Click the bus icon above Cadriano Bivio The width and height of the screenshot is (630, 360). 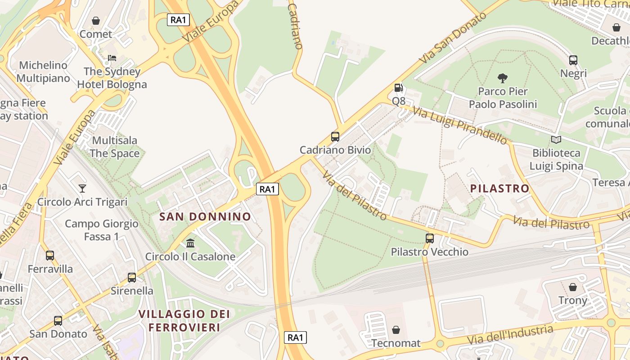coord(335,136)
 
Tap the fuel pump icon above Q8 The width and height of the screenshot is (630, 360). coord(398,87)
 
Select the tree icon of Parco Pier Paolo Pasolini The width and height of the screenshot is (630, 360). coord(503,78)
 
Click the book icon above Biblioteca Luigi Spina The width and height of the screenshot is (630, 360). coord(556,139)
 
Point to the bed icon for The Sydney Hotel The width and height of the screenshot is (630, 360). coord(112,58)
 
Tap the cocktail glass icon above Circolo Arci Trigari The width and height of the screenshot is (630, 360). coord(82,188)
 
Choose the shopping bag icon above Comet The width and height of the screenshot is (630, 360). coord(95,21)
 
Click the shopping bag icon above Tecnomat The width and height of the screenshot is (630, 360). coord(396,330)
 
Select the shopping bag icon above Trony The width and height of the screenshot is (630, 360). coord(573,287)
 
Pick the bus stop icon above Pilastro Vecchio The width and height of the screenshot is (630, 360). coord(430,238)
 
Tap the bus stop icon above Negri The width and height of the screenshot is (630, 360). coord(573,60)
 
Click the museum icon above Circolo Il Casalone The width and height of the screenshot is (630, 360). coord(190,243)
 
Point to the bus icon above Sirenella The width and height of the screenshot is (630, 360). coord(132,277)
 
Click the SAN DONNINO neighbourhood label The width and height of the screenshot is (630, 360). coord(205,216)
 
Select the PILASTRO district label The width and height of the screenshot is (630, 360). coord(499,188)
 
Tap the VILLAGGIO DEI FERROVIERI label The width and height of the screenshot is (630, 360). coord(184,320)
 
